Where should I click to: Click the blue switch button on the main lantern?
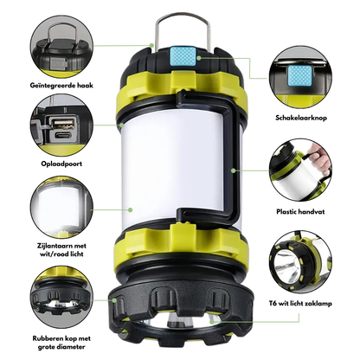tap(183, 56)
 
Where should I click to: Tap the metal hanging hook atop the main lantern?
tap(182, 15)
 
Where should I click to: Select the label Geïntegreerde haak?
tap(61, 86)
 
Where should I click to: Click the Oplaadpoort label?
tap(61, 164)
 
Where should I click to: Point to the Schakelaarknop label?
tap(301, 118)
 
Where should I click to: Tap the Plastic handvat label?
tap(300, 212)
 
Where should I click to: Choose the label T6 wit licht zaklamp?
tap(300, 303)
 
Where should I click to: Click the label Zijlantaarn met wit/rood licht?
tap(61, 250)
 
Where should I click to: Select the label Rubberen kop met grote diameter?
tap(61, 343)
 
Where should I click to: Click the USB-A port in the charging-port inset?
tap(64, 124)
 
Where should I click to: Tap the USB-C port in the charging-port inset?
tap(64, 135)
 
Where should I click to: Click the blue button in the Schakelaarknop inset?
tap(300, 76)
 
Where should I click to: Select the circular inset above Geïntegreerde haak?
tap(61, 47)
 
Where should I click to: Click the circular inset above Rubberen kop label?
tap(61, 298)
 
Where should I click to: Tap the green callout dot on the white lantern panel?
tap(131, 209)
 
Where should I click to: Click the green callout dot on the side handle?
tap(234, 170)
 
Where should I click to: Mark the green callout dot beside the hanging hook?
tap(151, 45)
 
